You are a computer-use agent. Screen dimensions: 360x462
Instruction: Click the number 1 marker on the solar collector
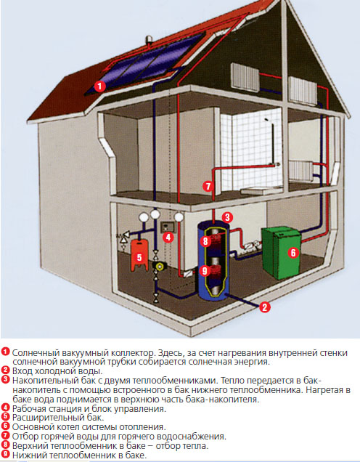(x=99, y=86)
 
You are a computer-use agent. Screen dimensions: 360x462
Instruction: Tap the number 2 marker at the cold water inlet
(x=265, y=307)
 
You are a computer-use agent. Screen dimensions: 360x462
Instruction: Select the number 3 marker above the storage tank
(x=227, y=217)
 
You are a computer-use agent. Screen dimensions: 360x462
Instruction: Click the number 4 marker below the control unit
(x=168, y=237)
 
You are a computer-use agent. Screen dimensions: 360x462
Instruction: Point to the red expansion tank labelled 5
(x=139, y=255)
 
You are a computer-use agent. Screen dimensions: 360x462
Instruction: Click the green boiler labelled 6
(x=281, y=252)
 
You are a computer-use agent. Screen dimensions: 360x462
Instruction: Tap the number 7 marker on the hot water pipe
(x=208, y=186)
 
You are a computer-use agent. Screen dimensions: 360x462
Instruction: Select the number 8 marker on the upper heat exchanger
(x=205, y=241)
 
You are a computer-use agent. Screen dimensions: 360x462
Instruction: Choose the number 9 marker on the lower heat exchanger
(x=205, y=270)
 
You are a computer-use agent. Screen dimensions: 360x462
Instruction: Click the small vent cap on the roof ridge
(x=150, y=40)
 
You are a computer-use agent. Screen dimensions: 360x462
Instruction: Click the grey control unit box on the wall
(x=168, y=227)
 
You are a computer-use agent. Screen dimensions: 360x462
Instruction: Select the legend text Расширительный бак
(x=58, y=417)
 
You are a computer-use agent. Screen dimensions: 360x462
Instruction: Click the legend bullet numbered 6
(x=6, y=426)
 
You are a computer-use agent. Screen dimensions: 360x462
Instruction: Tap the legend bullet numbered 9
(x=6, y=454)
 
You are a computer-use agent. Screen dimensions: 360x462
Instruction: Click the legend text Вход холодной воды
(x=57, y=370)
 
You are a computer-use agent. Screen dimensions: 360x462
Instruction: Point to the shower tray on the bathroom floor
(x=258, y=190)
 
